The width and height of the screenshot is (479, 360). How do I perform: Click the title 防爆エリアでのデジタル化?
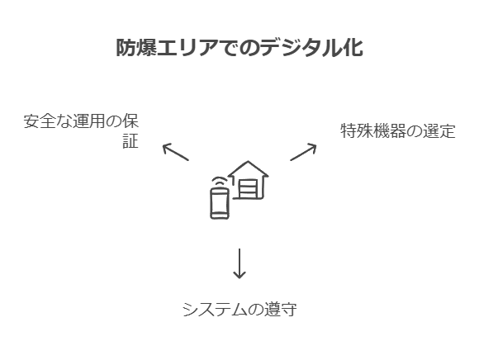(239, 48)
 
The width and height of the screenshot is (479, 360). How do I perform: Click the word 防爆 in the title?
(136, 48)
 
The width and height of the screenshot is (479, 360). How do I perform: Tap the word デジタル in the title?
(301, 48)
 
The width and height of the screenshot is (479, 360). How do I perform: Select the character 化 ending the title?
(353, 48)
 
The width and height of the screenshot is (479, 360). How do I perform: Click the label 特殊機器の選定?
(398, 130)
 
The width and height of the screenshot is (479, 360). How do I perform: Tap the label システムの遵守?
(239, 309)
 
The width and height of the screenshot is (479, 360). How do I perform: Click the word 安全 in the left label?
(40, 121)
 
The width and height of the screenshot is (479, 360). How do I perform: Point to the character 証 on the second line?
(130, 140)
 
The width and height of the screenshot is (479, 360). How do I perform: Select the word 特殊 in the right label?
(357, 130)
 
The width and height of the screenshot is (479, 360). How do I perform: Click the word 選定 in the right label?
(439, 130)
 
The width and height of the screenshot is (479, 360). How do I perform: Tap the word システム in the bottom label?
(215, 309)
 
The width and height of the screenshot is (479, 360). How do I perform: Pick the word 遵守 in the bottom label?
(281, 309)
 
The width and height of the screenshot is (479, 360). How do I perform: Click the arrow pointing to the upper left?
(175, 152)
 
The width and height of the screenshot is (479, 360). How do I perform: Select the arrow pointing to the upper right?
(303, 152)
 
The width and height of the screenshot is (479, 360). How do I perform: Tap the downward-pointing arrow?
(239, 263)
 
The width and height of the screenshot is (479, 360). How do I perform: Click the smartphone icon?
(220, 203)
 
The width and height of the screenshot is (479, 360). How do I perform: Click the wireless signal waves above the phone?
(220, 181)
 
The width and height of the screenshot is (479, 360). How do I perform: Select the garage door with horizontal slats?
(248, 189)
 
